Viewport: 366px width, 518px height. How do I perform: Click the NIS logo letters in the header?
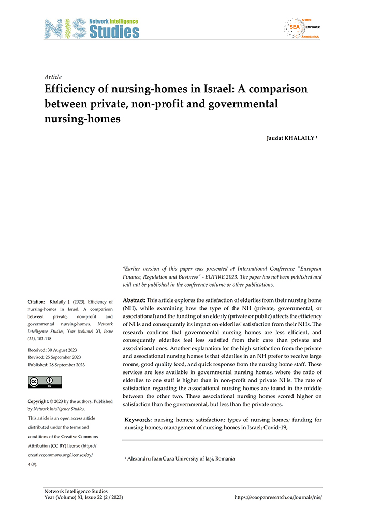[66, 29]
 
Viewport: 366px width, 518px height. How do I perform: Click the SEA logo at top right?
[301, 28]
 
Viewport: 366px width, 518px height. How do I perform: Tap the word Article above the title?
[53, 77]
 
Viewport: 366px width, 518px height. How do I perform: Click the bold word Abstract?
[134, 300]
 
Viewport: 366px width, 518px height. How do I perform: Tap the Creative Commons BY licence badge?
[45, 382]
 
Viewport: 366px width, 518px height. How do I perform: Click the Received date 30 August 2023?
[54, 350]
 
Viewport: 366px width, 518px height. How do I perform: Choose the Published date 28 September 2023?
[57, 364]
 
